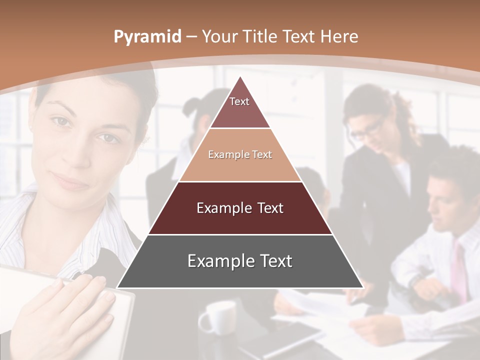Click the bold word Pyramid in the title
point(147,37)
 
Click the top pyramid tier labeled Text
point(240,107)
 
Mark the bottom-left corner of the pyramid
point(118,287)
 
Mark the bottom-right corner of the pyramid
point(362,287)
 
